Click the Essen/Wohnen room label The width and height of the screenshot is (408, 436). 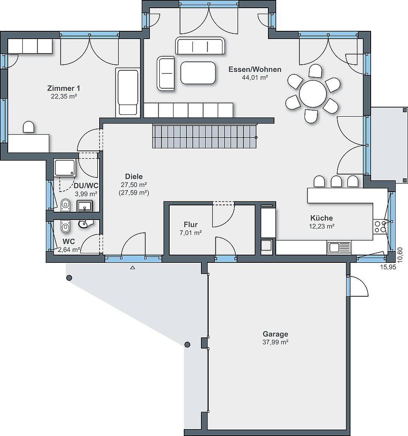255,69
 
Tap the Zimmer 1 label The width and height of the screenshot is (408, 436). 64,88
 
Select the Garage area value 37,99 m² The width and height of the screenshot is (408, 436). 275,342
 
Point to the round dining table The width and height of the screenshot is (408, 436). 313,94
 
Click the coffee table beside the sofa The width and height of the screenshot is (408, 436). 198,73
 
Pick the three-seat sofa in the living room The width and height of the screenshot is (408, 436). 200,45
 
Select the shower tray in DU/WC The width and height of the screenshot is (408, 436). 65,168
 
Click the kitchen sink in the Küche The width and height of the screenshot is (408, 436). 339,247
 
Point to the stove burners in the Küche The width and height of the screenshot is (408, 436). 380,226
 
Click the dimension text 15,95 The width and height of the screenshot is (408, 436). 388,267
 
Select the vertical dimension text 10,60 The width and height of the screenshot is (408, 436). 400,255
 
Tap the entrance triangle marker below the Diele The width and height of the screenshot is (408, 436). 133,268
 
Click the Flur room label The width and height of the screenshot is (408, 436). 191,224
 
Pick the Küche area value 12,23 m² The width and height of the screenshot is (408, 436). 322,226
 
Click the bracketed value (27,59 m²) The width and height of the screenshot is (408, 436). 134,192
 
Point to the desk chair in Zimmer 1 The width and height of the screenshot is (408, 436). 28,127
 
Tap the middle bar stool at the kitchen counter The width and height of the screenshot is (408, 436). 336,181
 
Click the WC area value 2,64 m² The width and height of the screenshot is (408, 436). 69,250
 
